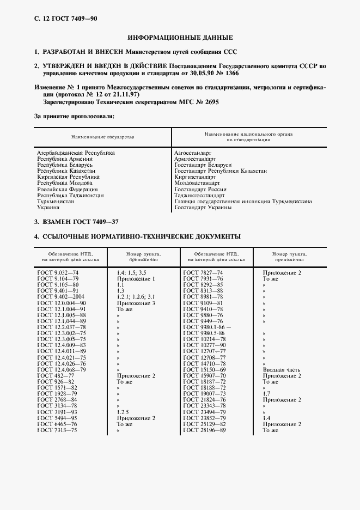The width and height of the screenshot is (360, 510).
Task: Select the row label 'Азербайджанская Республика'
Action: [76, 154]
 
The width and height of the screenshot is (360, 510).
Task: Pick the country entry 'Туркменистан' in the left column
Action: [56, 201]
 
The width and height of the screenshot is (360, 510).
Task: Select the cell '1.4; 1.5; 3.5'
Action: [131, 272]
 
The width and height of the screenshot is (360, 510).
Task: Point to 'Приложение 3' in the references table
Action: [136, 302]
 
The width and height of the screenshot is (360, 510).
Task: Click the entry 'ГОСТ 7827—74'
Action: [203, 272]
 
